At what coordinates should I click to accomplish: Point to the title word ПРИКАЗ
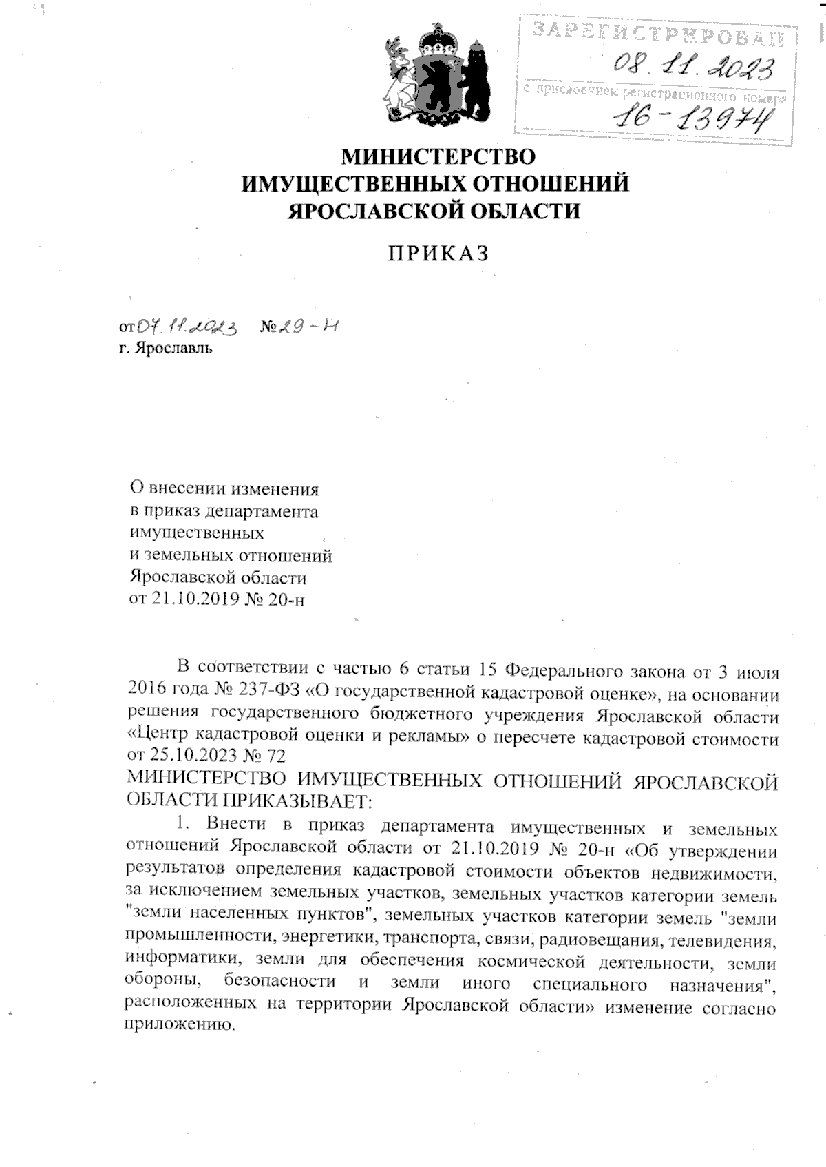tap(438, 254)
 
